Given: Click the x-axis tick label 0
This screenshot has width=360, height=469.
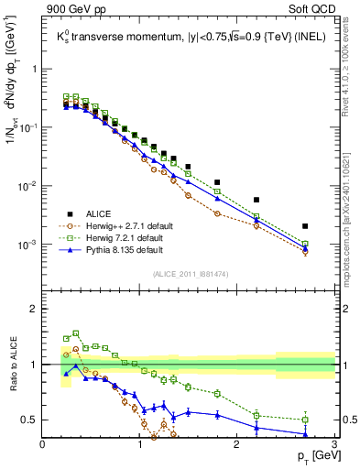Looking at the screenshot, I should [42, 444].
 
